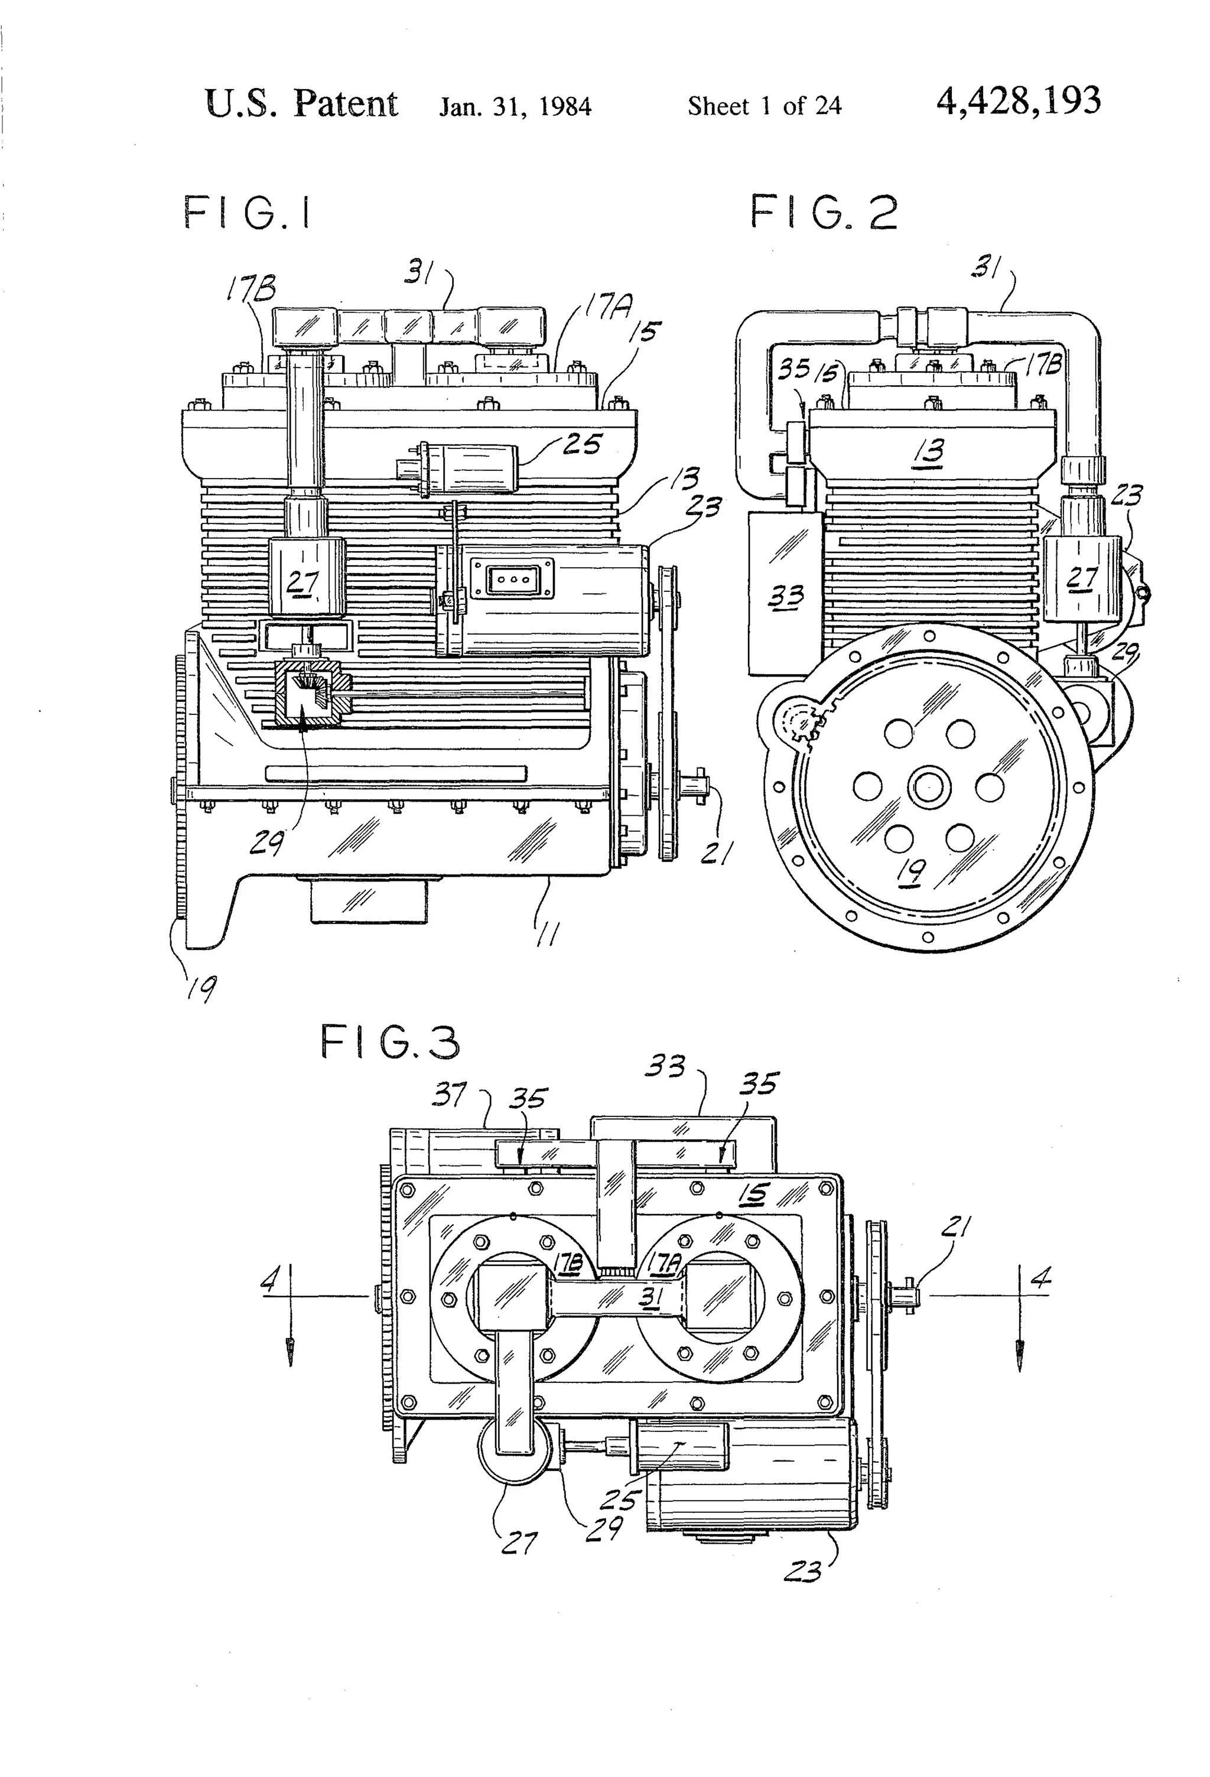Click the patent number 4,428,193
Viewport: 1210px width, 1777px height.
(x=1018, y=102)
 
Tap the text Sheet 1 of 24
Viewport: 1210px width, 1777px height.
(x=764, y=106)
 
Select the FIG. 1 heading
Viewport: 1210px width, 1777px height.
(x=248, y=213)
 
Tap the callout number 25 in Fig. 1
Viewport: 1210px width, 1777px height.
(x=582, y=444)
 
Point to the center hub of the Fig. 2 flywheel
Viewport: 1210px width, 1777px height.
(x=928, y=787)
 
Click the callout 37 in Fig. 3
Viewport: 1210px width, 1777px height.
(x=450, y=1095)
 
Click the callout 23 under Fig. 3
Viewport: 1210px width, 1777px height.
(x=802, y=1572)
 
